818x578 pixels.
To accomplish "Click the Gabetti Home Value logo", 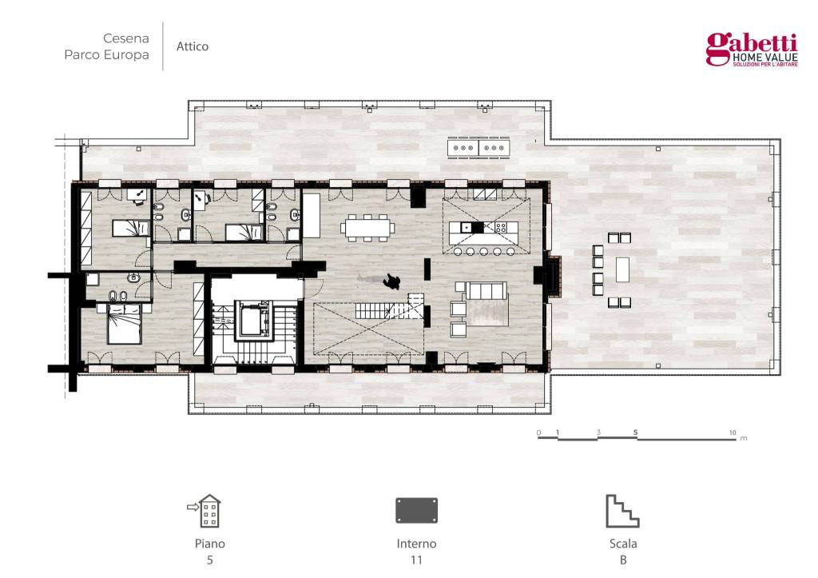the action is (752, 50).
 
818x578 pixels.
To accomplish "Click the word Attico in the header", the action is (193, 46).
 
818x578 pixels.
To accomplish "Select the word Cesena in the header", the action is (125, 38).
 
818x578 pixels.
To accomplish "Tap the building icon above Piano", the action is (205, 511).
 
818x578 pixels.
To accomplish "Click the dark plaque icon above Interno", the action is (416, 510).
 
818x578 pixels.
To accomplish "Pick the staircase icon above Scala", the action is (622, 511).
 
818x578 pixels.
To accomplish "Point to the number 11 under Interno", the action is (416, 560).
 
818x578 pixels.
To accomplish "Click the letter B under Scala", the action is (623, 560).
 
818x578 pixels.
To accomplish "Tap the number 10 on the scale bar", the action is (733, 433).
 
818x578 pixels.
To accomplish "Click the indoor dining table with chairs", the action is (367, 228).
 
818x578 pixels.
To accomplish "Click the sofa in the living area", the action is (486, 290).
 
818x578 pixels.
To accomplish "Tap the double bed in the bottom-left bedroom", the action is (124, 324).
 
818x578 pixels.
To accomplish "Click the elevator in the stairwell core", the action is (254, 320).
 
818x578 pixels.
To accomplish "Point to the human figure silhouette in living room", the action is (391, 281).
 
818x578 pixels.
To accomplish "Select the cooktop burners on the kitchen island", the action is (500, 227).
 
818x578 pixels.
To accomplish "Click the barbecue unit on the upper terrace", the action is (478, 148).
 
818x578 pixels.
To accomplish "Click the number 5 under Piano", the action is (210, 560).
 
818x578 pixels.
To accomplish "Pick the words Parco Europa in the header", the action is (106, 55).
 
